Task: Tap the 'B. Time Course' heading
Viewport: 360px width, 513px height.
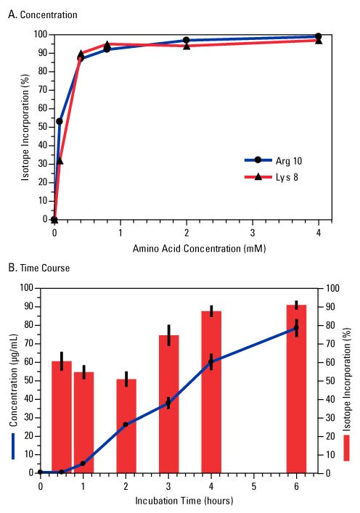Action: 39,268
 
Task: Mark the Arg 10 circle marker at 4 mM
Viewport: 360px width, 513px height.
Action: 318,36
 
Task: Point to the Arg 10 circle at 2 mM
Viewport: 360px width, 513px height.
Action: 187,41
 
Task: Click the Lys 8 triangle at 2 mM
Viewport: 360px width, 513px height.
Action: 187,46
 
